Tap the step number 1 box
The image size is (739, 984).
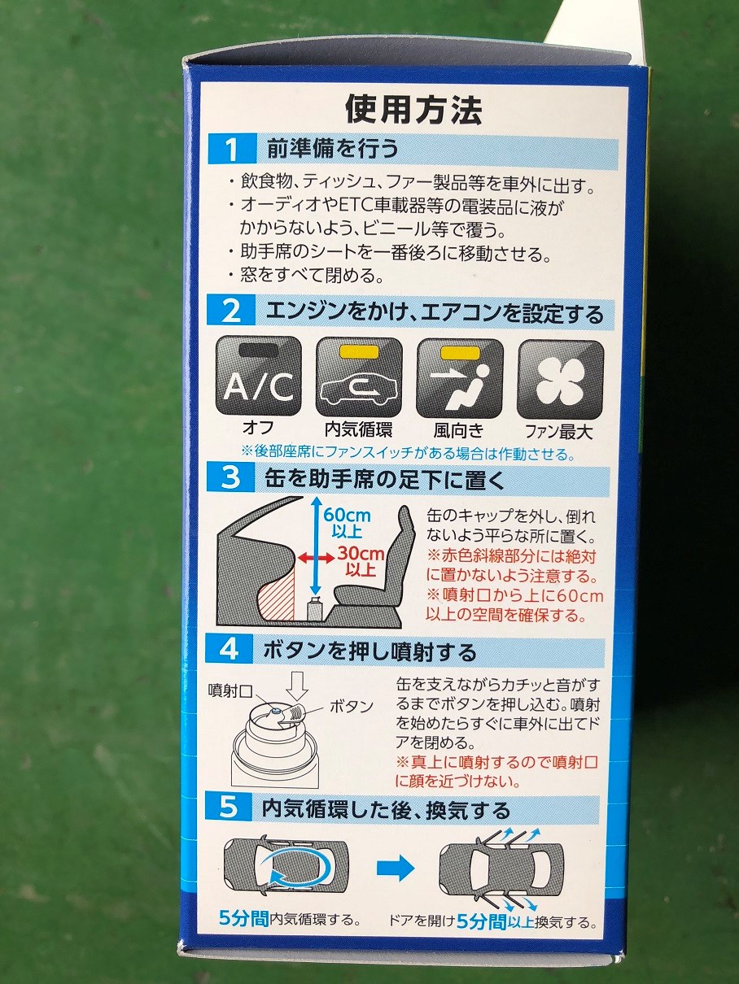coord(231,150)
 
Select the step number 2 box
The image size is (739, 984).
coord(231,312)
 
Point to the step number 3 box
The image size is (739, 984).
coord(231,478)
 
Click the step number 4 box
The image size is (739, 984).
coord(231,651)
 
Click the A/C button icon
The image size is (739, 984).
coord(258,379)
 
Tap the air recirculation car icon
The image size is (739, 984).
coord(359,379)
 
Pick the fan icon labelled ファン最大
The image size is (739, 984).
coord(561,379)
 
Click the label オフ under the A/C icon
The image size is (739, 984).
coord(258,429)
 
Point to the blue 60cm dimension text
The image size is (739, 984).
coord(346,520)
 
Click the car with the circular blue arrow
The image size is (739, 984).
coord(286,868)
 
